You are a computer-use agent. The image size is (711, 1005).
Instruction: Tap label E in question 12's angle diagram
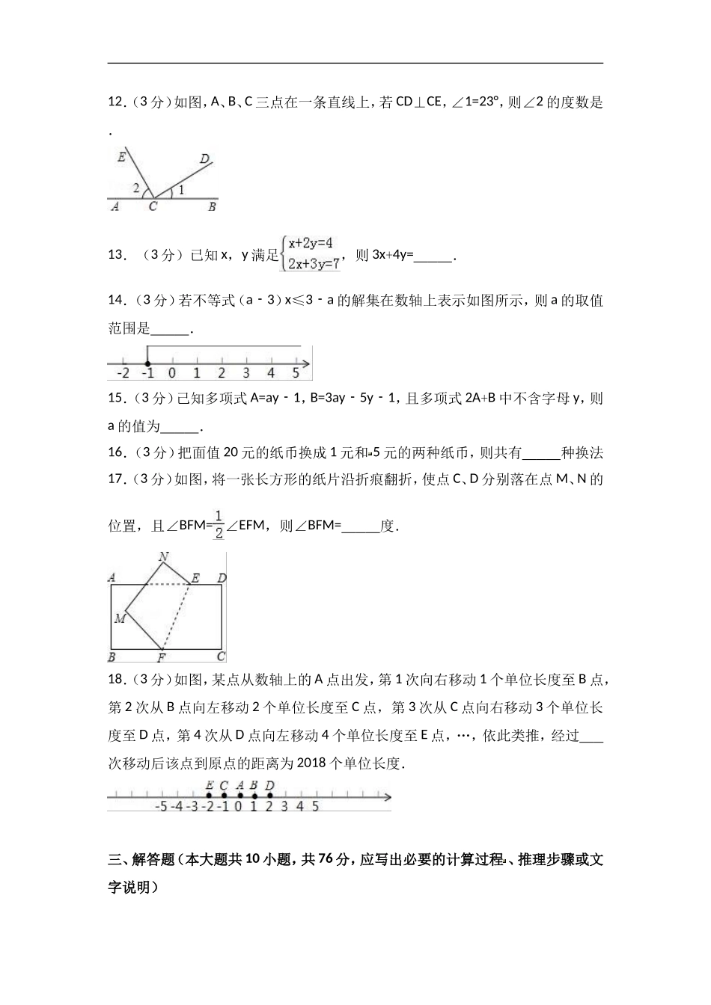121,157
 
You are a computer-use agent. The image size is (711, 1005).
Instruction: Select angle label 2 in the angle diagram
136,189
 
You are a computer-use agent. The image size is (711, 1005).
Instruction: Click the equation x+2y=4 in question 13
310,243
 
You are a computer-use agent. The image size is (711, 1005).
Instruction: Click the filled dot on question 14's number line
147,363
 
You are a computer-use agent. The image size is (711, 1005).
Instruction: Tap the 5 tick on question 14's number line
296,372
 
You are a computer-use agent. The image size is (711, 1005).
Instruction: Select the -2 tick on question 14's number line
123,372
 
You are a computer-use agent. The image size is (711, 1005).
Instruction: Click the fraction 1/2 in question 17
219,523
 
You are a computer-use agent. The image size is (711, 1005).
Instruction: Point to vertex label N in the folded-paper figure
163,556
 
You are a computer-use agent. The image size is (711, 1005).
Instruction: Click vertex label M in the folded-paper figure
119,618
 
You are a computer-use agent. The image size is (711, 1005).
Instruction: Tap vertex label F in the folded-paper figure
161,658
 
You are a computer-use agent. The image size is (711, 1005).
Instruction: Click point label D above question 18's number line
269,785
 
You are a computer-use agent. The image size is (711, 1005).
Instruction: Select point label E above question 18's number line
209,785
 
